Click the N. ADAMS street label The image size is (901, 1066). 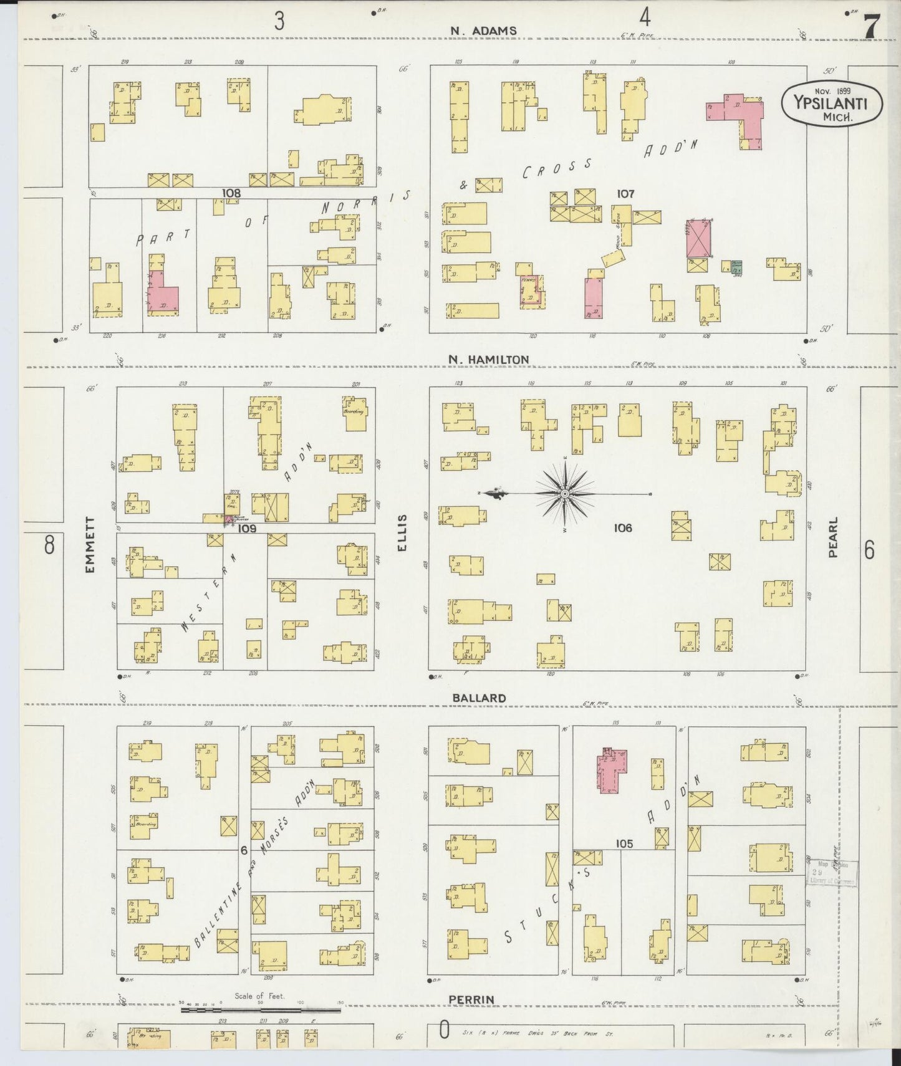[483, 30]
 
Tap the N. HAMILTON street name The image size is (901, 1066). [489, 359]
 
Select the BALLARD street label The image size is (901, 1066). [479, 698]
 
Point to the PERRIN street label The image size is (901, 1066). [471, 999]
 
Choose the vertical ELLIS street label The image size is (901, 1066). [402, 532]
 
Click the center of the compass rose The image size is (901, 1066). [564, 494]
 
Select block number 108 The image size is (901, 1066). [231, 193]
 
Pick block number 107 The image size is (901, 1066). [625, 194]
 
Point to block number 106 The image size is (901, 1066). [622, 527]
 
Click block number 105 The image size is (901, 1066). [624, 843]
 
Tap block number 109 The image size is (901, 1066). [247, 528]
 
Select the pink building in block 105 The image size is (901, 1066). [612, 770]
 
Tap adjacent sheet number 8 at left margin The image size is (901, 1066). [49, 545]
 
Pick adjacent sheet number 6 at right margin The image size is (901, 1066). [869, 550]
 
